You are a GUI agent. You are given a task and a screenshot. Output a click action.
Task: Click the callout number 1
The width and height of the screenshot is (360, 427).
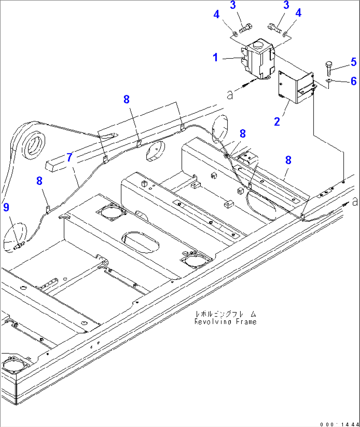coord(215,58)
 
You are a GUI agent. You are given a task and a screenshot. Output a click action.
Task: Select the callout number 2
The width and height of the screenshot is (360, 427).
coord(277,122)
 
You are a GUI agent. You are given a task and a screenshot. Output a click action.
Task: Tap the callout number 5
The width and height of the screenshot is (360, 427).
coord(353,62)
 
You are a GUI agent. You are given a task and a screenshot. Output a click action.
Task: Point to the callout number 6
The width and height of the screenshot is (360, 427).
coord(353,81)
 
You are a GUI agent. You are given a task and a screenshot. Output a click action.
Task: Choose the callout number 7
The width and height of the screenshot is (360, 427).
coord(69,157)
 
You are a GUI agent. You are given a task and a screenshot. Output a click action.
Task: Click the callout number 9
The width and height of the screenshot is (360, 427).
coord(6,207)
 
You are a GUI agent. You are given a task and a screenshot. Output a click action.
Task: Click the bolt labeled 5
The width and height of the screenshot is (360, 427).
coord(329,68)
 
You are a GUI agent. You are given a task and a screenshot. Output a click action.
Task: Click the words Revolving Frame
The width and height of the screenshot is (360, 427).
coord(225,322)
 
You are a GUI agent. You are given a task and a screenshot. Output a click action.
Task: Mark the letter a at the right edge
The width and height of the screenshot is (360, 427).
coord(355,201)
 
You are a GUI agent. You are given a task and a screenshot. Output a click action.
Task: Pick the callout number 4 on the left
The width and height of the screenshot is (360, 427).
coord(216,15)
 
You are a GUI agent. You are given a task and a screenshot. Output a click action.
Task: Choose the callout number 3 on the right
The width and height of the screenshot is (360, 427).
coord(286,5)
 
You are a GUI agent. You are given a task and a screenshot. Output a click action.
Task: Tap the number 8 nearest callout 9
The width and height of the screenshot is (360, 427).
coord(39,181)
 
